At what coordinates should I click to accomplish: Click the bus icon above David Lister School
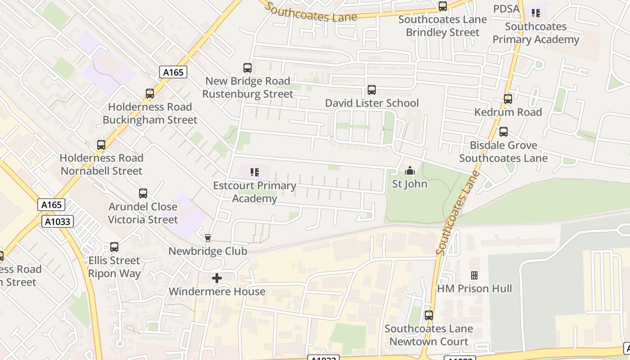372,90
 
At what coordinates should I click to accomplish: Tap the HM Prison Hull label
475,288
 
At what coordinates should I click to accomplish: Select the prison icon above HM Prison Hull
474,275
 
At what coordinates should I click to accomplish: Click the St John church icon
409,171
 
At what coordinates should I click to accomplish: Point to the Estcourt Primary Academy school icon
255,172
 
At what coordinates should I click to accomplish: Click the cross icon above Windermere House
217,278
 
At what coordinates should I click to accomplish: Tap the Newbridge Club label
208,251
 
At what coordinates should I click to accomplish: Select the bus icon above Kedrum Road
508,99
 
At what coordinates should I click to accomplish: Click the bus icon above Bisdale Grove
504,132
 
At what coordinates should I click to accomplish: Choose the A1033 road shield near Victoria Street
58,221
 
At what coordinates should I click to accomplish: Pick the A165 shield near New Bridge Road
173,72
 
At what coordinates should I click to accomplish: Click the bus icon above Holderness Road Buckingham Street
150,94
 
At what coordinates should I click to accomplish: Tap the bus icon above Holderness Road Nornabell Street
101,145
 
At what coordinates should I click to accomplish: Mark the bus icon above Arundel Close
143,193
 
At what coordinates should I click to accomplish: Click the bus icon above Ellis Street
114,247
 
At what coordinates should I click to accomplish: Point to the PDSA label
506,9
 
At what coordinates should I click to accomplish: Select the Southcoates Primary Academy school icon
535,13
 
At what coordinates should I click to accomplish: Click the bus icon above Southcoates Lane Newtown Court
429,315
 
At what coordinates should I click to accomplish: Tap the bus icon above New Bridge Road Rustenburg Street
247,68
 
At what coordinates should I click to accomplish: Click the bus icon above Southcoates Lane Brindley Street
443,6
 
